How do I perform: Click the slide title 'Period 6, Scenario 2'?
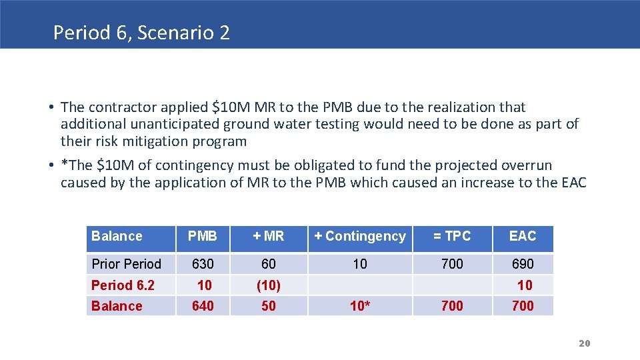(141, 33)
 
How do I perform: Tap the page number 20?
(584, 343)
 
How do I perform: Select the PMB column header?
(202, 236)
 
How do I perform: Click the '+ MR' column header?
(268, 236)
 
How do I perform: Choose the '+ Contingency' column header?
(359, 236)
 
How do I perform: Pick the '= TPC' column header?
(452, 236)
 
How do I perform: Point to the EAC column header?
(522, 236)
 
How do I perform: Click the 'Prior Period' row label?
(126, 263)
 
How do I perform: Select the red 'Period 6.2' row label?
(123, 285)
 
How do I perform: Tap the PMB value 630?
(203, 263)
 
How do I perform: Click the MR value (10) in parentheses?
(268, 285)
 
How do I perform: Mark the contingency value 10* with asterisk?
(361, 306)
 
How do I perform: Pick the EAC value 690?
(522, 263)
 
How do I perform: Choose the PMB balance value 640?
(203, 306)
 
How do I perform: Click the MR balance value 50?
(268, 306)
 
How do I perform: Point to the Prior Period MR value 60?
(268, 263)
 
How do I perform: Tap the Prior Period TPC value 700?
(452, 263)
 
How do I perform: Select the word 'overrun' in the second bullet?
(527, 165)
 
